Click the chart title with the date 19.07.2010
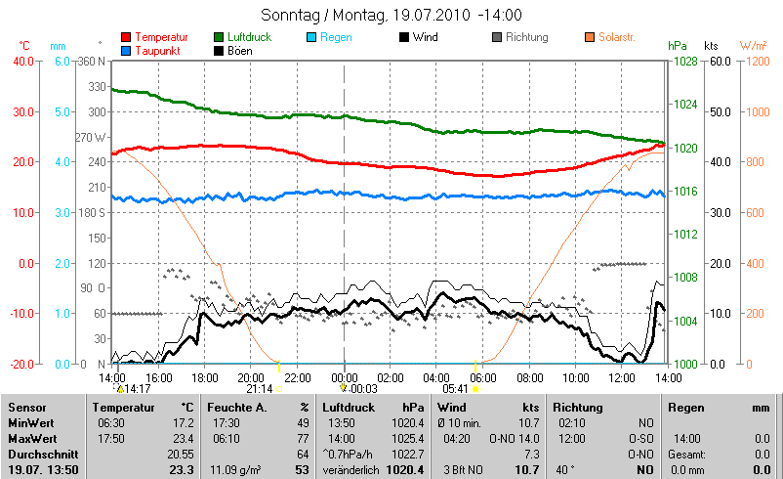tap(391, 16)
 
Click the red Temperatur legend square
tap(126, 37)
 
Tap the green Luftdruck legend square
tap(219, 37)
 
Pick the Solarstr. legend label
tap(617, 37)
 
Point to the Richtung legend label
tap(527, 37)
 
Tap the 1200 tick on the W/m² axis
tap(753, 61)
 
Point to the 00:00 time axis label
tap(345, 376)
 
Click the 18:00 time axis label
tap(205, 376)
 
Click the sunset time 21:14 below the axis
tap(260, 388)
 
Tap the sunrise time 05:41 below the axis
tap(455, 388)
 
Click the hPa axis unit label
tap(677, 46)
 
